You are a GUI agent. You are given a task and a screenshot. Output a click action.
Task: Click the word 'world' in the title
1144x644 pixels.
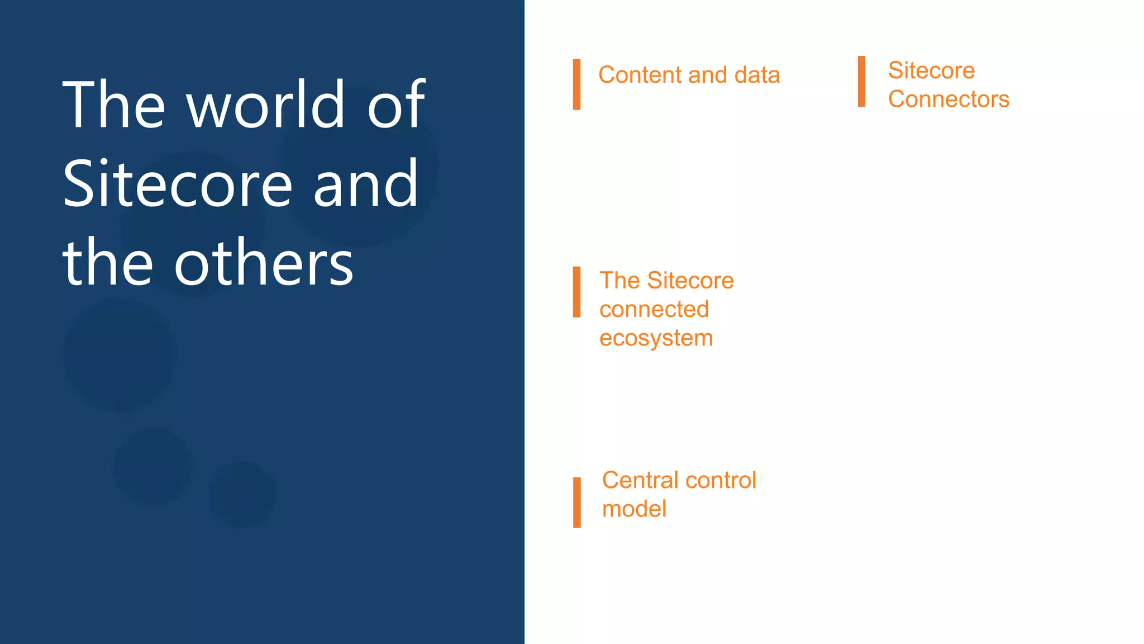[266, 105]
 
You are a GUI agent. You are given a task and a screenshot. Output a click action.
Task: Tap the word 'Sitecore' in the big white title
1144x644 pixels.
[178, 184]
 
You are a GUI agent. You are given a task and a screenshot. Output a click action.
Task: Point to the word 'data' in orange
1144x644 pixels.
[757, 75]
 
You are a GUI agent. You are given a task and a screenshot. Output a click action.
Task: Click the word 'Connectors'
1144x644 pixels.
[948, 100]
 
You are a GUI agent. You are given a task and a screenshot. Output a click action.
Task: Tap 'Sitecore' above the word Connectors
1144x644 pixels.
[931, 70]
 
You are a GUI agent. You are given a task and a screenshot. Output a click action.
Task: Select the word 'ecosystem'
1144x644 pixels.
[656, 338]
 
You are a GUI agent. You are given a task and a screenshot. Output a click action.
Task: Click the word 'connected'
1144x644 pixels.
[654, 309]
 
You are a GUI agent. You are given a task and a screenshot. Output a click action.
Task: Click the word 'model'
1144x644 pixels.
[634, 509]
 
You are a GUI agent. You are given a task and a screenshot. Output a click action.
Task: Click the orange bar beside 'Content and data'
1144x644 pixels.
[576, 84]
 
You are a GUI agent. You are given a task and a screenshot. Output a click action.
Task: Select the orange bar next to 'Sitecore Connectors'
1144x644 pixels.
[861, 82]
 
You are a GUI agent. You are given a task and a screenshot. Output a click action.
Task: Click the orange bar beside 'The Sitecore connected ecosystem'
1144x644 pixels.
[576, 292]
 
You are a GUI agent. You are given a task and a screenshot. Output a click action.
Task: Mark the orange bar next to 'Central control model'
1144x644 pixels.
[576, 502]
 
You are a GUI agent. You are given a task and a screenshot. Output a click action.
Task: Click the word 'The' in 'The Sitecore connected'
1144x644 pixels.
[619, 281]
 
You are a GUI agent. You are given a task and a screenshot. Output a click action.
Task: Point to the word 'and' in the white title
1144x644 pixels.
[365, 184]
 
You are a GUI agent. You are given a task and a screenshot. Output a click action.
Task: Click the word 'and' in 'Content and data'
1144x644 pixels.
[708, 75]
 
